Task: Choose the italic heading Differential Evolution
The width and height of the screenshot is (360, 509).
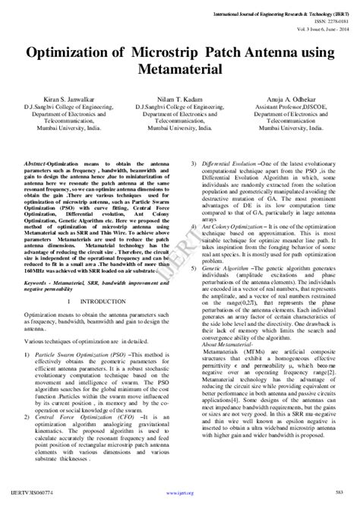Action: (x=227, y=163)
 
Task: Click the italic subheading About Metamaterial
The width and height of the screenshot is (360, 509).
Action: (x=219, y=344)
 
